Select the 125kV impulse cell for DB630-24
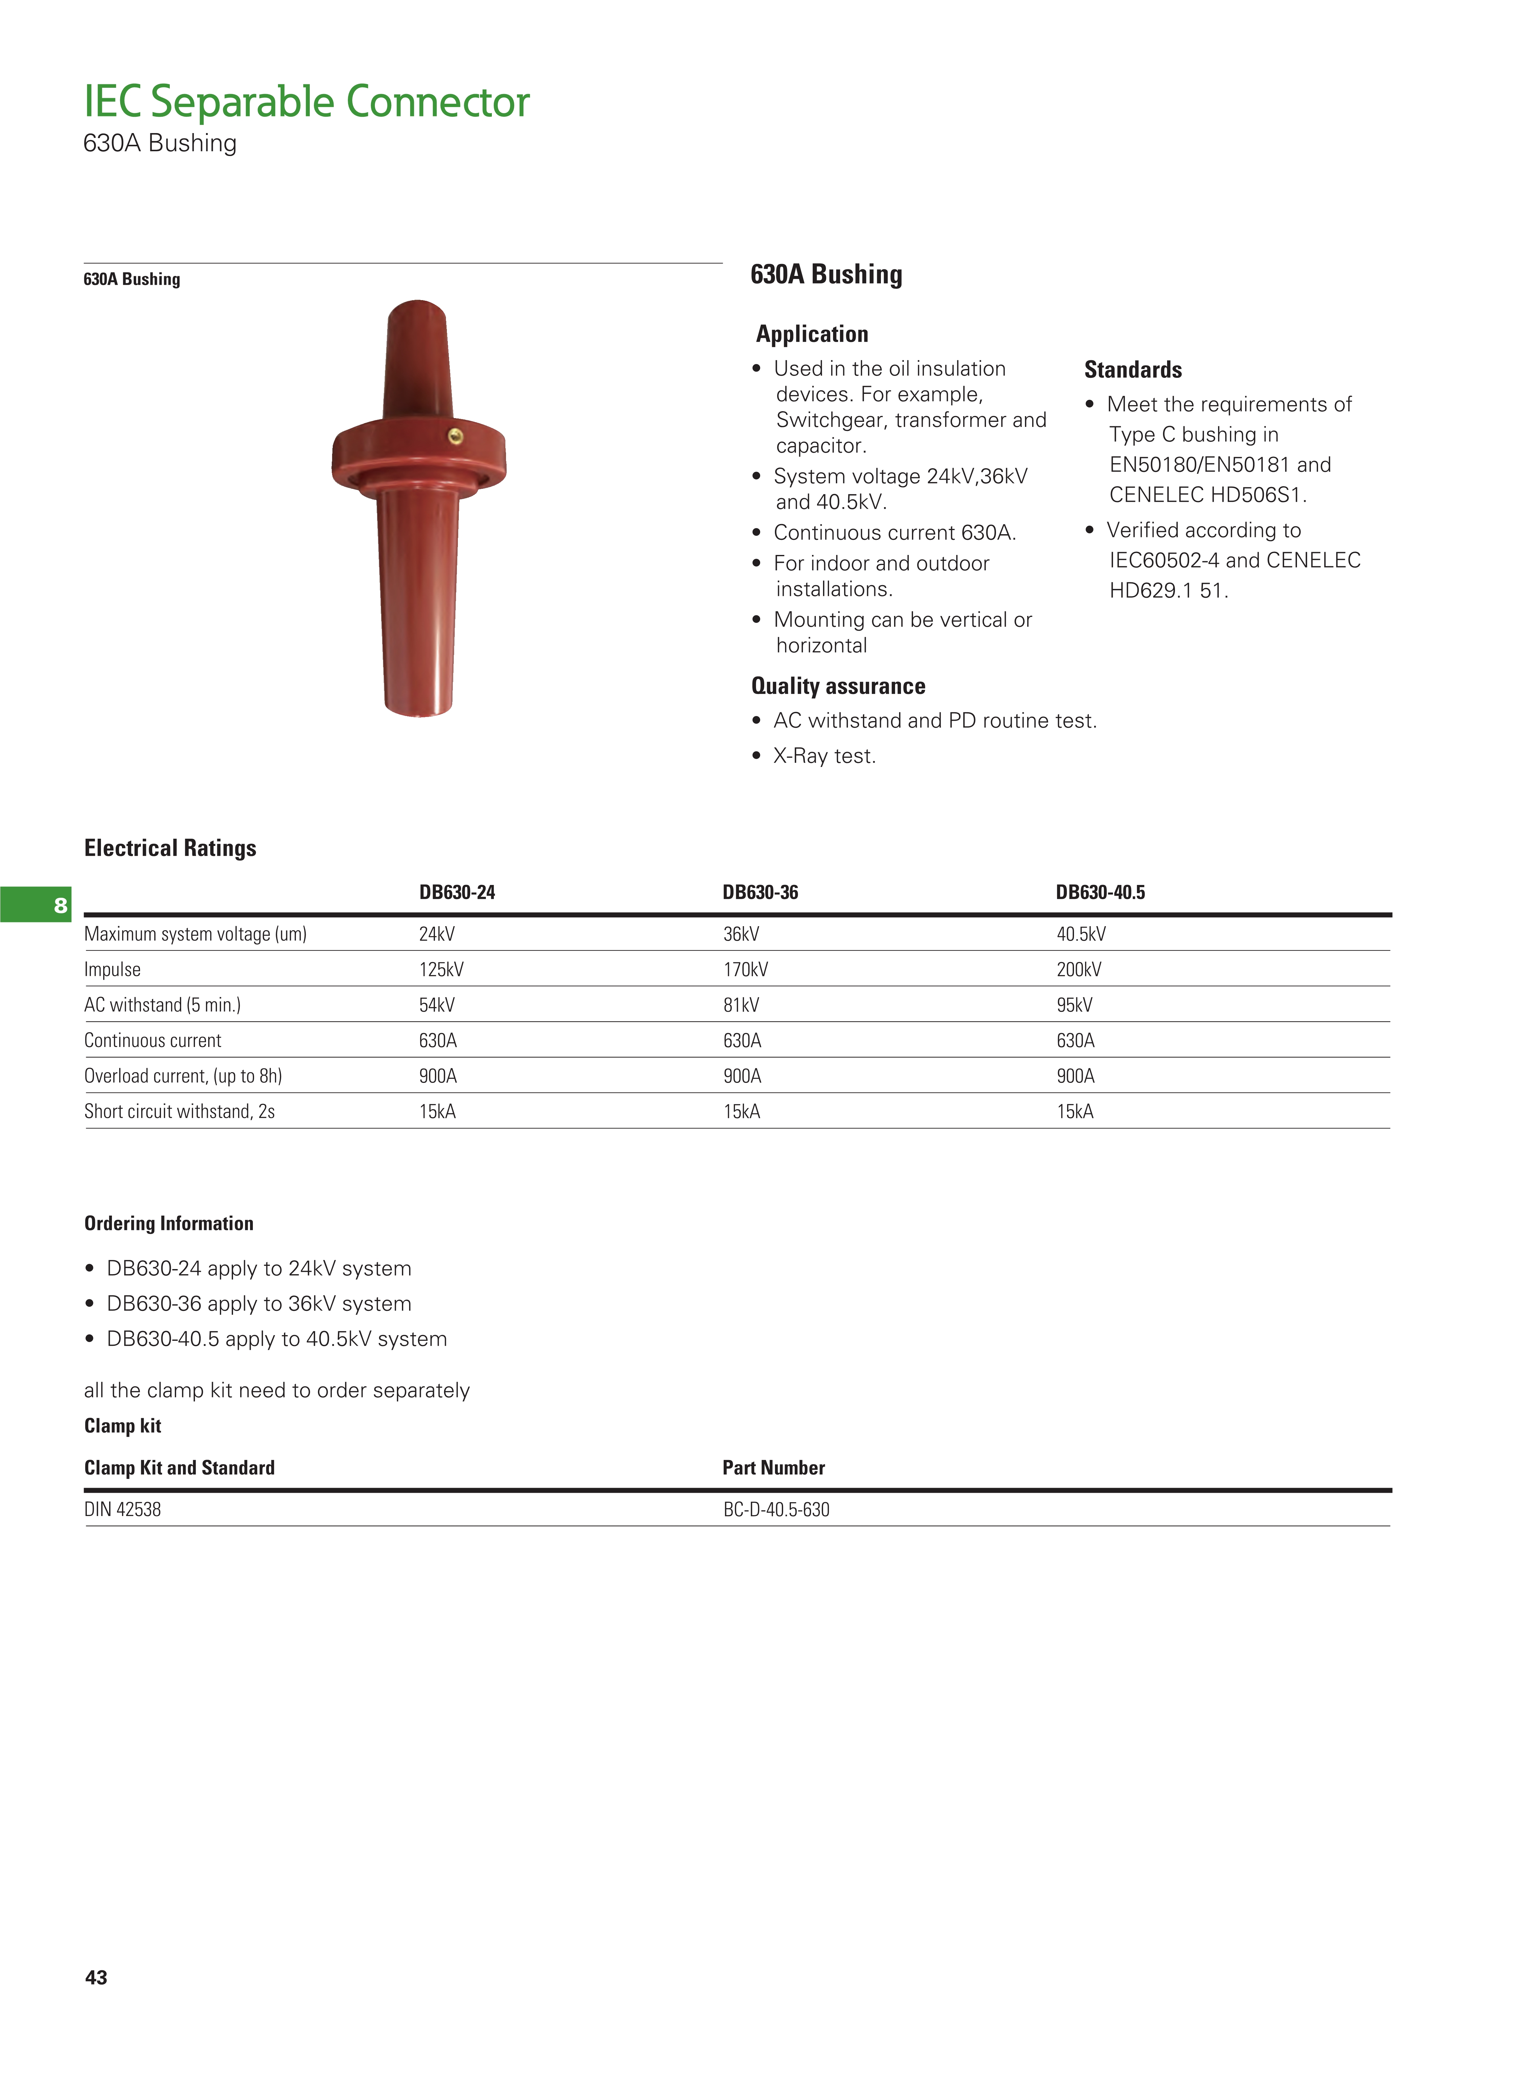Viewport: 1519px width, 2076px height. click(x=441, y=970)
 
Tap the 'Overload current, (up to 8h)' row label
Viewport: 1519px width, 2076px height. click(x=183, y=1076)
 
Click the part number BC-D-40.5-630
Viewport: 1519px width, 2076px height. click(x=776, y=1509)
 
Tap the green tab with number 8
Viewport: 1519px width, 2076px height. click(x=37, y=905)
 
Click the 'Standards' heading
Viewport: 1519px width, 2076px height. click(x=1133, y=370)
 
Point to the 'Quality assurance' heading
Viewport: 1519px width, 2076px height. click(x=838, y=686)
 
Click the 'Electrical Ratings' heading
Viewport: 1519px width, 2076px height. click(x=170, y=848)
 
